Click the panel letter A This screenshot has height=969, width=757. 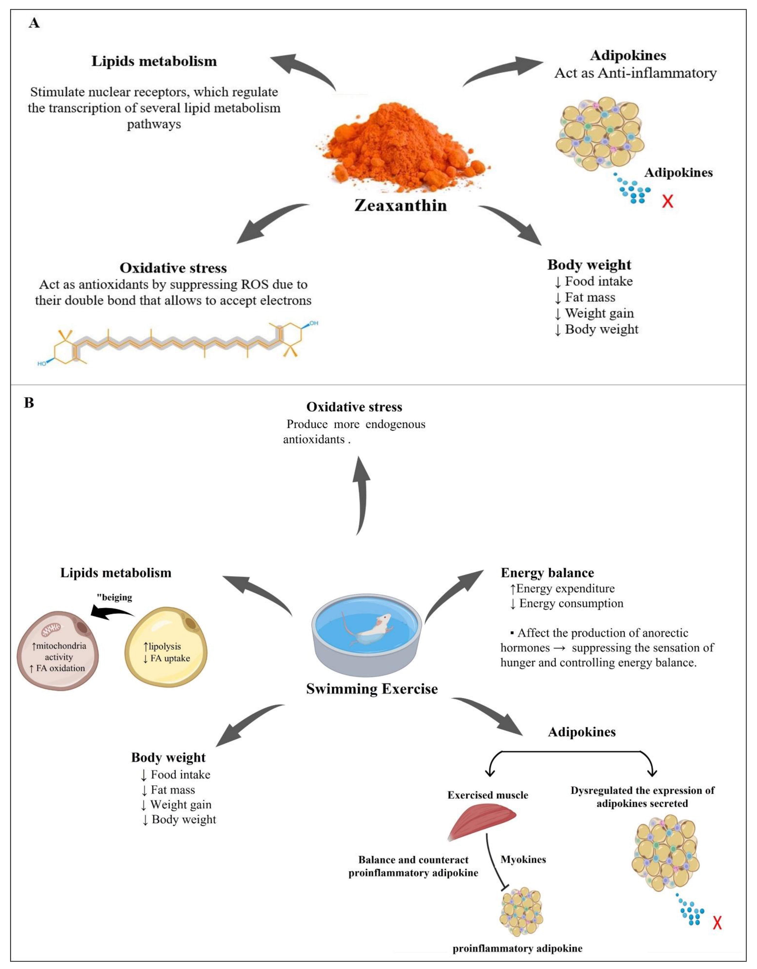coord(34,23)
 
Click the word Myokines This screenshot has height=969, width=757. coord(523,859)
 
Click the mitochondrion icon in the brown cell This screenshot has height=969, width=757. coord(51,629)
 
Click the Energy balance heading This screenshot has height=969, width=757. coord(547,573)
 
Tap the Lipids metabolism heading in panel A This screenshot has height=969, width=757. coord(154,61)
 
